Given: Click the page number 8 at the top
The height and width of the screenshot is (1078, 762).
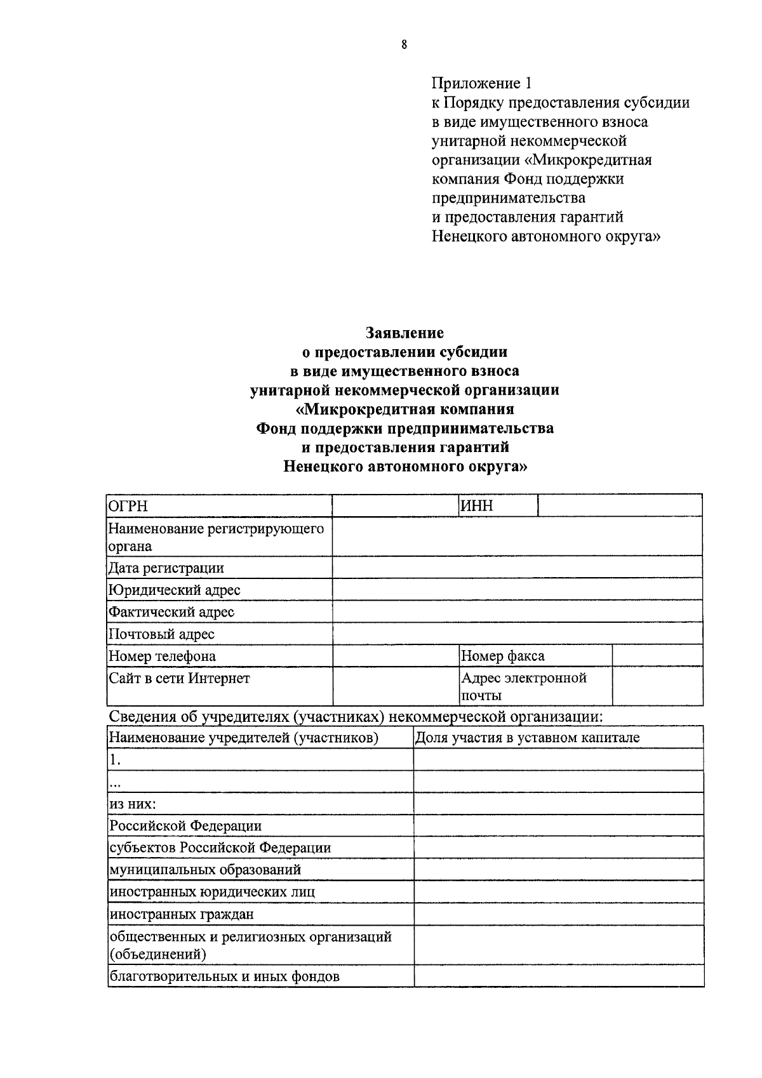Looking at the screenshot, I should (x=404, y=44).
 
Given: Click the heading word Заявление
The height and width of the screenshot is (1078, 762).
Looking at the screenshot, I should (x=404, y=333).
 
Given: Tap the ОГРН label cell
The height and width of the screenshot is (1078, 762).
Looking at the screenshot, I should (x=219, y=506).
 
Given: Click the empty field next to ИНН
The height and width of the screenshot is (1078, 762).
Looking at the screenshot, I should (x=619, y=506).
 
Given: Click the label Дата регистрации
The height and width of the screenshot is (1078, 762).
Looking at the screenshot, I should (x=166, y=568).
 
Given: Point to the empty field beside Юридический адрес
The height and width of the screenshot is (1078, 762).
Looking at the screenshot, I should (x=517, y=590).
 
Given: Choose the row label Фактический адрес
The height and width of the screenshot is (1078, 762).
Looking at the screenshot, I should (x=171, y=612).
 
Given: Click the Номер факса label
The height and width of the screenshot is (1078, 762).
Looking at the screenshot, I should (x=502, y=656).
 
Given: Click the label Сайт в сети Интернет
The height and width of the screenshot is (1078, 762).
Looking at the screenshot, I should (x=179, y=678).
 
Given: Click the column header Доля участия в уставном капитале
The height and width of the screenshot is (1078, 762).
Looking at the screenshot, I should (x=527, y=738).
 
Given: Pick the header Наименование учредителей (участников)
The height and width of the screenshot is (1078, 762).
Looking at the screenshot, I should (x=244, y=738).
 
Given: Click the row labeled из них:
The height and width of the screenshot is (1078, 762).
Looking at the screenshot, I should (x=133, y=804).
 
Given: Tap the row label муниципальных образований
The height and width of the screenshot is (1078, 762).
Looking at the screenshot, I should (x=205, y=870).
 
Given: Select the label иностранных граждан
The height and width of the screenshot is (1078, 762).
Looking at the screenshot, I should (x=182, y=914).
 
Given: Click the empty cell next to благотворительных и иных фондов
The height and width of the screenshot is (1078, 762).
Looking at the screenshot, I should (x=558, y=976).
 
